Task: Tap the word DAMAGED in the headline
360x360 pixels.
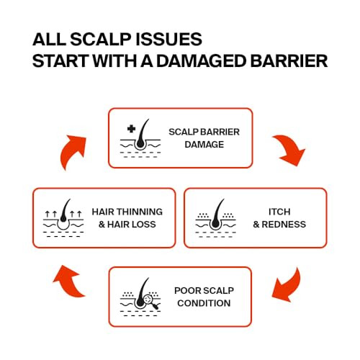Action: [x=201, y=61]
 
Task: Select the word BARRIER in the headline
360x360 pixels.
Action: [x=289, y=61]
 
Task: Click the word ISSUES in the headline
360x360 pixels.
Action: [x=168, y=40]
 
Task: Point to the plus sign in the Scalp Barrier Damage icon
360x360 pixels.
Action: [x=131, y=129]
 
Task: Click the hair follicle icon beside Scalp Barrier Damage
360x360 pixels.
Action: [x=140, y=138]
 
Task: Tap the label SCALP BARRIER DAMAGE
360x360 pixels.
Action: [x=204, y=138]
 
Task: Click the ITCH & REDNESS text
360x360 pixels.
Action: [x=279, y=218]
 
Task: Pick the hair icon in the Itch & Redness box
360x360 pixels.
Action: [x=216, y=218]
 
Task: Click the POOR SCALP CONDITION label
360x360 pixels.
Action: [x=204, y=297]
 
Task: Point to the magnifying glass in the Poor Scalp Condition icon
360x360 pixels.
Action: [x=150, y=302]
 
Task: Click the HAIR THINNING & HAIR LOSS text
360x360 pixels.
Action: [x=127, y=218]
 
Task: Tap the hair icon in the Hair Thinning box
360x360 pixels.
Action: [x=63, y=218]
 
